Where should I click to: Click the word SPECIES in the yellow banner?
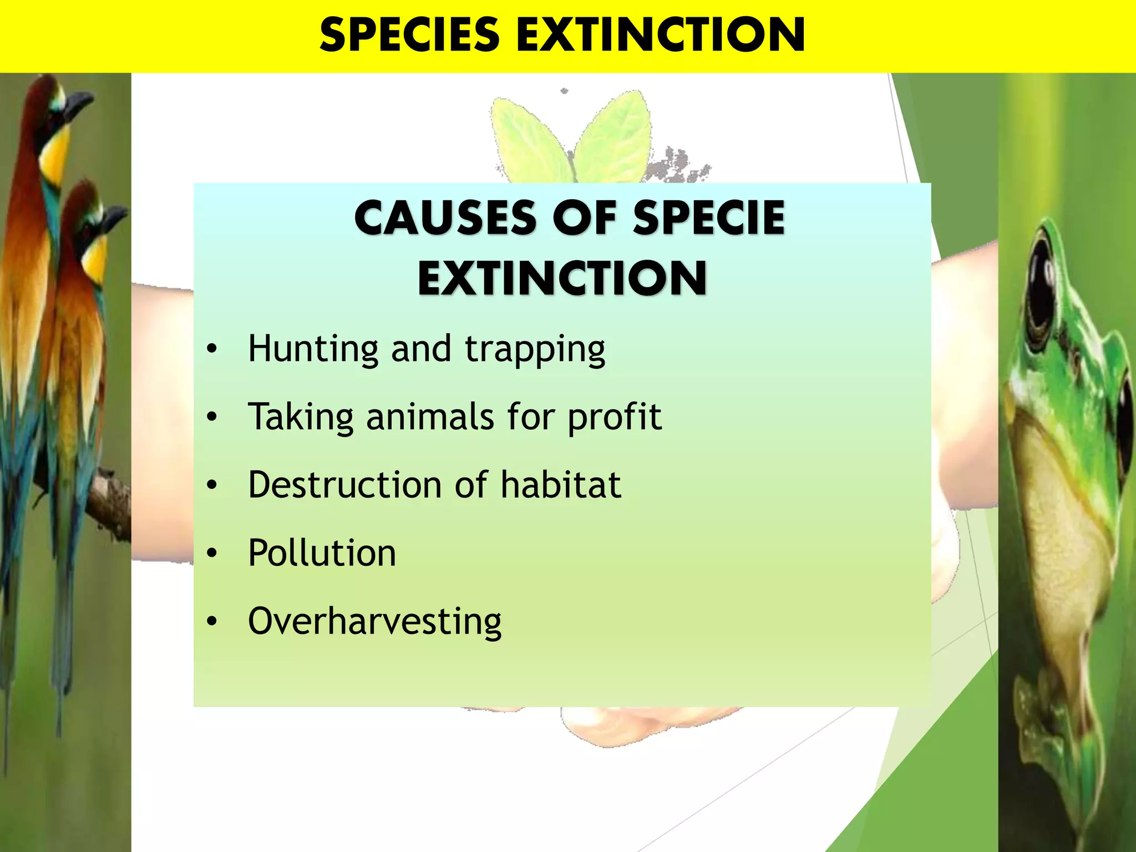(409, 35)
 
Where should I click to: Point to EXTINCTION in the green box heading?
(562, 278)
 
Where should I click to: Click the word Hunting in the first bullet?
(313, 349)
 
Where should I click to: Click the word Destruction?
(344, 485)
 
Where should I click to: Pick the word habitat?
(560, 485)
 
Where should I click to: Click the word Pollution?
(322, 553)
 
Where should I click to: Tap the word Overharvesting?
(374, 622)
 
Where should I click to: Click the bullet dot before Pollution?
(211, 553)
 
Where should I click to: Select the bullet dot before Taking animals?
(211, 417)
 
